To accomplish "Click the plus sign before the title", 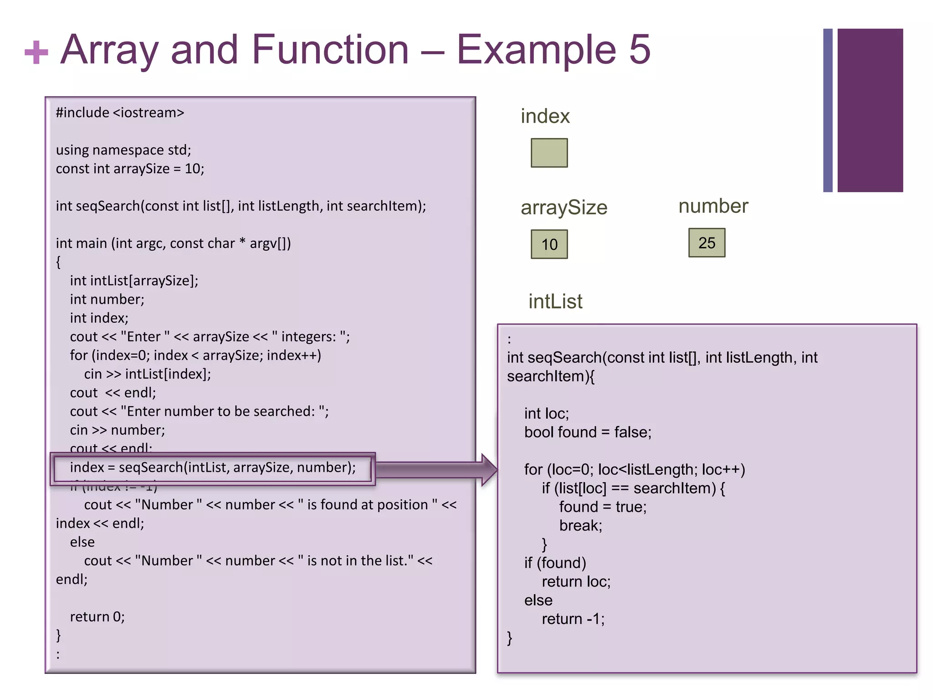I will tap(36, 52).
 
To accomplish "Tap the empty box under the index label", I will tap(549, 153).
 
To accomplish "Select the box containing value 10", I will tap(549, 245).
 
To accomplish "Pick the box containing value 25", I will tap(707, 243).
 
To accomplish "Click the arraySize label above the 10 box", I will tap(564, 208).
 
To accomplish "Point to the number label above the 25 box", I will tap(713, 206).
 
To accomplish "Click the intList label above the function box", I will tap(555, 302).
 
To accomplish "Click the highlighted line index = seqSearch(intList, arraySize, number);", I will tap(212, 468).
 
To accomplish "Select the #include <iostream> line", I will tap(120, 113).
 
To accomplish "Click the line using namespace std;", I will tap(123, 150).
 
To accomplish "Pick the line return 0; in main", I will tap(97, 617).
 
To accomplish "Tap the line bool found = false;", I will tap(587, 432).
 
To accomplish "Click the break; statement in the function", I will tap(580, 525).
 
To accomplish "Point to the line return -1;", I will tap(573, 619).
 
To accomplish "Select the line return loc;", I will tap(576, 582).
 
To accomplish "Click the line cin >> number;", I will tap(117, 430).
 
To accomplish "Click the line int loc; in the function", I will tap(546, 413).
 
